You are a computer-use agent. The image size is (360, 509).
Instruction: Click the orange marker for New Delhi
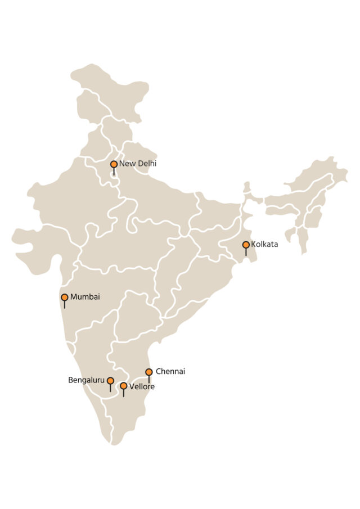(x=114, y=164)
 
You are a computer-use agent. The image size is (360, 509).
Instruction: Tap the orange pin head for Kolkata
(x=246, y=245)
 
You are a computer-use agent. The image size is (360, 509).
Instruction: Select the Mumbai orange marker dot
(x=65, y=297)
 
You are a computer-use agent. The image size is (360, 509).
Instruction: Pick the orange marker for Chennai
(x=149, y=372)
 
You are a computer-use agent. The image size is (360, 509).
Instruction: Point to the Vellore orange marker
(x=124, y=386)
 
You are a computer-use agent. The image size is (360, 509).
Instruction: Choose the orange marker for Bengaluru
(x=110, y=381)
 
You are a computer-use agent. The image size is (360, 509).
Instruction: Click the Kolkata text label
(x=264, y=245)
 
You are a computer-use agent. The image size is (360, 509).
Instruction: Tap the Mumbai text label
(x=85, y=297)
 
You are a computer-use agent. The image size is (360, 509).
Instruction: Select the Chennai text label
(x=170, y=371)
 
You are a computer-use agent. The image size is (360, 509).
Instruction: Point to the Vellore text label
(x=142, y=387)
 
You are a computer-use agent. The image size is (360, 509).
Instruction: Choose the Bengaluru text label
(x=86, y=381)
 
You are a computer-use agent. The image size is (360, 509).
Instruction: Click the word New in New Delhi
(x=126, y=164)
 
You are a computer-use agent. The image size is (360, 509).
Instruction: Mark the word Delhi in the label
(x=146, y=164)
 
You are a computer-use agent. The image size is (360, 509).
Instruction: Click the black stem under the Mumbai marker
(x=65, y=305)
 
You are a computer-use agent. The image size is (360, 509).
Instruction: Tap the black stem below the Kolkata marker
(x=246, y=253)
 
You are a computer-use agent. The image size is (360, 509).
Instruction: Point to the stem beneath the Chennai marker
(x=149, y=380)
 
